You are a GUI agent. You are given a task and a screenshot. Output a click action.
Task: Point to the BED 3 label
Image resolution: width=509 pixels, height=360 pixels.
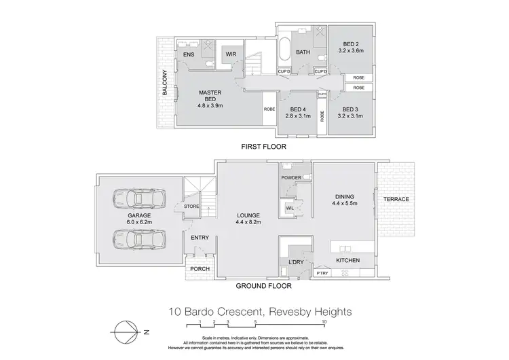(350, 109)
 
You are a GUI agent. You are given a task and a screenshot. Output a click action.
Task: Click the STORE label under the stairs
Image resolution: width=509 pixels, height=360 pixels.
(191, 206)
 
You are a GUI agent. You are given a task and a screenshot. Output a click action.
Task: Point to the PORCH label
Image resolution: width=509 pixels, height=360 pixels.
(200, 269)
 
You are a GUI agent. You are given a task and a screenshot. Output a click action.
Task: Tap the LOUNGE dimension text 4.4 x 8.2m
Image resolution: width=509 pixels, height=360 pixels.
(249, 222)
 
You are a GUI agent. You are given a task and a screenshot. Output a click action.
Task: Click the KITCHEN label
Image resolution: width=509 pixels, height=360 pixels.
(348, 261)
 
